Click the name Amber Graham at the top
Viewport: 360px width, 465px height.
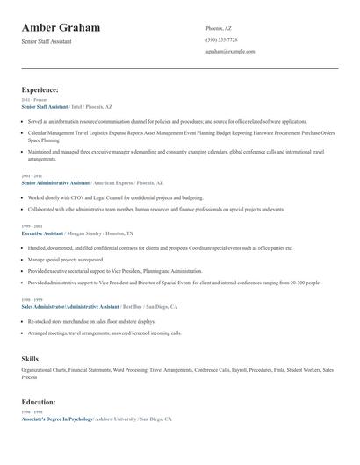point(61,28)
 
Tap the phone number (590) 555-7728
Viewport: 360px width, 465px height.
point(221,39)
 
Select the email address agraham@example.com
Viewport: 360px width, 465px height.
point(230,52)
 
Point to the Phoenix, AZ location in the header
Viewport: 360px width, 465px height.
point(220,28)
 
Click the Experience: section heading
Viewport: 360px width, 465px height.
point(40,89)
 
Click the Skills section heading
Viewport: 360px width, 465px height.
point(30,359)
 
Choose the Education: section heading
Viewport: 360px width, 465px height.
point(39,402)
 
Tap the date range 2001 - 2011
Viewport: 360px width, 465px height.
point(32,176)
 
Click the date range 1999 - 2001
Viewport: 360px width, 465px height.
point(32,227)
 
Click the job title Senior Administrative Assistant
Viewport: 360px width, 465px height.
point(55,183)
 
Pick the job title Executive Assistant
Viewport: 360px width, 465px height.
point(42,234)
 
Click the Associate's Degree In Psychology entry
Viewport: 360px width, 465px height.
point(58,419)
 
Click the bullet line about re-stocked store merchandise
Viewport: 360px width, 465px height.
point(97,322)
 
